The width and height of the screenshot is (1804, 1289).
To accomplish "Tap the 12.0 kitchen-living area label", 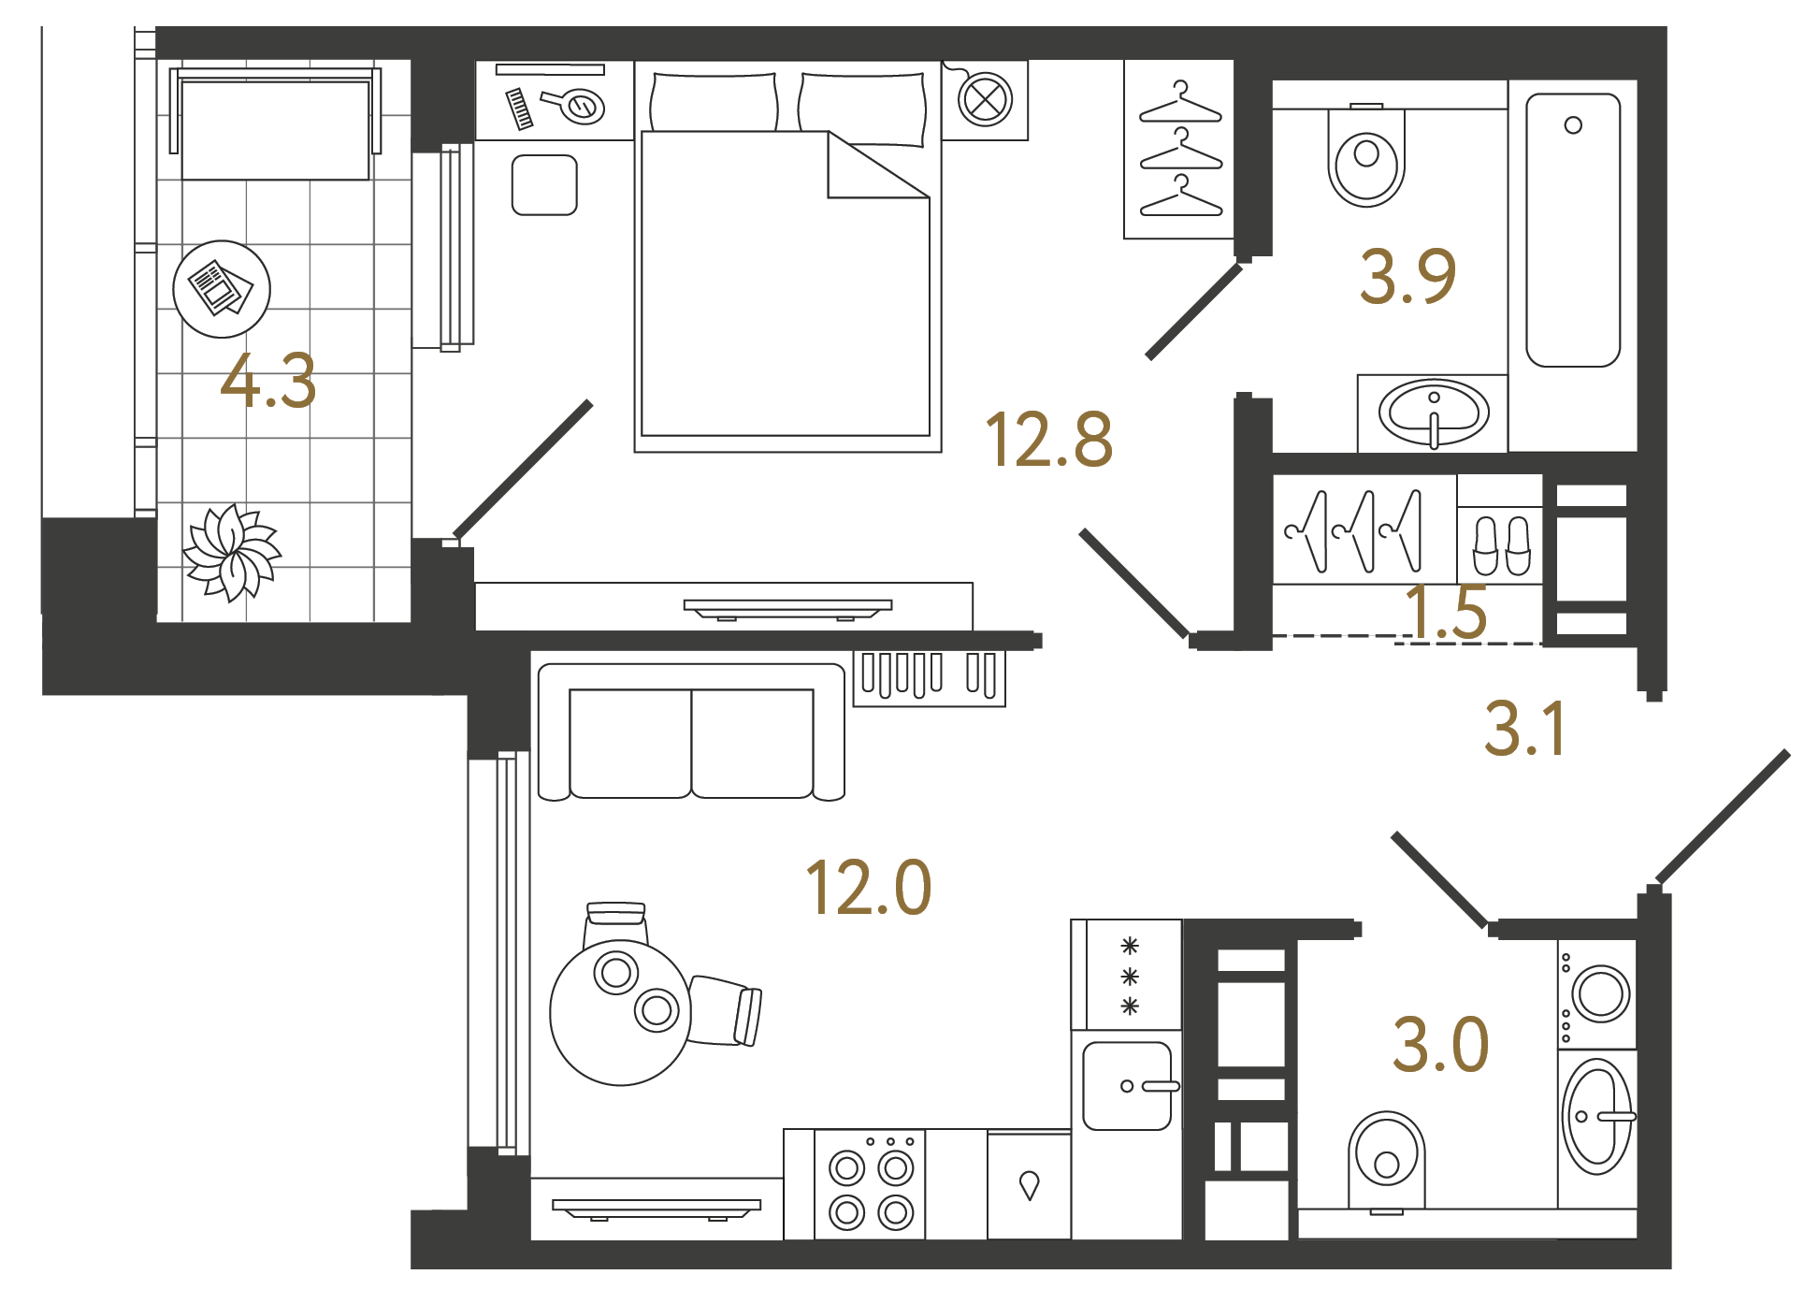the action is click(869, 887).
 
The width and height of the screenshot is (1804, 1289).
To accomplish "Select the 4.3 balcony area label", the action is click(268, 381).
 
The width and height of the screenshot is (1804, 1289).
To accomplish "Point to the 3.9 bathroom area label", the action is click(1407, 276).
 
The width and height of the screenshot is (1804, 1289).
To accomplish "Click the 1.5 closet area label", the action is click(1446, 612).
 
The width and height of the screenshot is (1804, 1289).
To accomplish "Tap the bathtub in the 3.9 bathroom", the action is click(1573, 230).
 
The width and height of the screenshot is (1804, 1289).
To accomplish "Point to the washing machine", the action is click(1597, 993).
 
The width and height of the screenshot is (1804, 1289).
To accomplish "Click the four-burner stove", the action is click(870, 1185).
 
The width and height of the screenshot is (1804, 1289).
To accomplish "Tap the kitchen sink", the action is click(1127, 1086).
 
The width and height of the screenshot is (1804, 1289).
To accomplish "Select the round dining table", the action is click(621, 1013).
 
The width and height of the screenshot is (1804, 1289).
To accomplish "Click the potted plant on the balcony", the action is click(232, 552).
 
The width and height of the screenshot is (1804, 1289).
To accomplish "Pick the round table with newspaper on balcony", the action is click(222, 289).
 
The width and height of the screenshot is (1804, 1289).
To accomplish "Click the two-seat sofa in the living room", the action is click(691, 732).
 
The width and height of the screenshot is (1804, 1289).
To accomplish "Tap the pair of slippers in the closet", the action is click(1501, 546).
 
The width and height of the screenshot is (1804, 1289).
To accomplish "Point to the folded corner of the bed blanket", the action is click(877, 166).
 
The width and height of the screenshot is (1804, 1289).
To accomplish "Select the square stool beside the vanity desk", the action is click(544, 185).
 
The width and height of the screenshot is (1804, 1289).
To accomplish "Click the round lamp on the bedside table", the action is click(985, 99).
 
